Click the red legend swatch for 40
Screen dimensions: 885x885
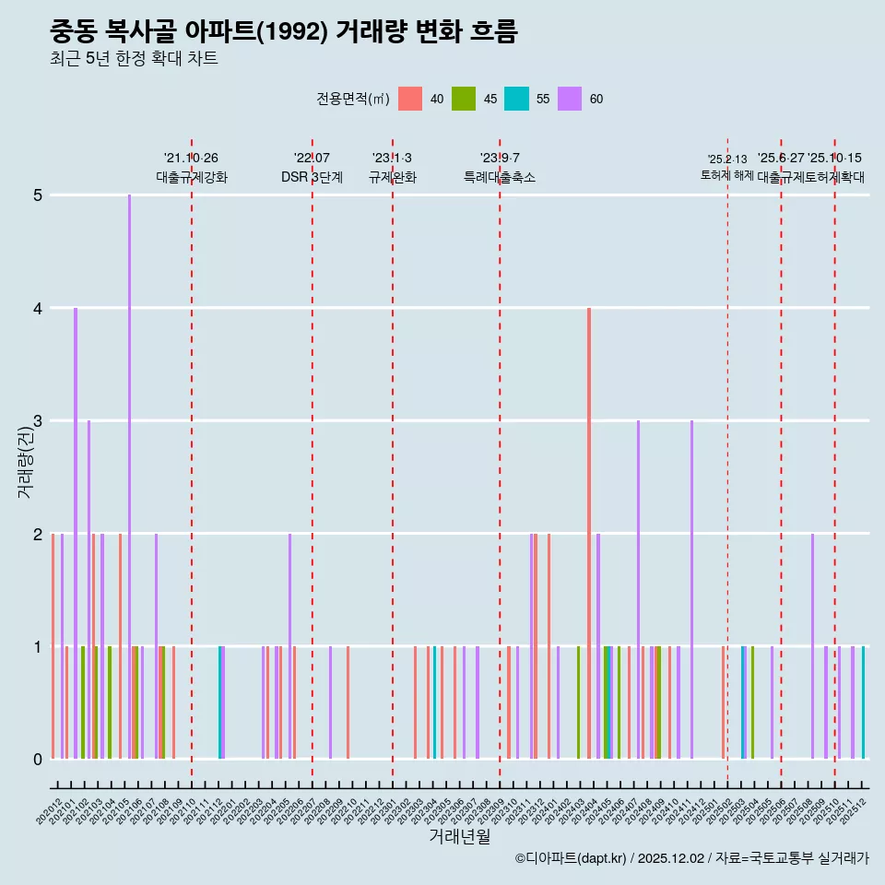click(410, 99)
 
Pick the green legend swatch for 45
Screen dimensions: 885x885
click(463, 99)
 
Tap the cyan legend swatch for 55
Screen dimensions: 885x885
click(516, 99)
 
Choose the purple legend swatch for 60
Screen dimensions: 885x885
click(570, 99)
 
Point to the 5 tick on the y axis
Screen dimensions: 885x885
click(37, 195)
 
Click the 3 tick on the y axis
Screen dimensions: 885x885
click(37, 421)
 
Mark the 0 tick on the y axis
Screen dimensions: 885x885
click(37, 760)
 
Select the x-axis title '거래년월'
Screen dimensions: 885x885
click(459, 836)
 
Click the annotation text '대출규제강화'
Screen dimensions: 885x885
click(191, 177)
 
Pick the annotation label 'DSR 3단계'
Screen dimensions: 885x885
click(312, 177)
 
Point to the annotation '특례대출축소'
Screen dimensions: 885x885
click(499, 177)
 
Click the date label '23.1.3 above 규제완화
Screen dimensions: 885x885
click(392, 159)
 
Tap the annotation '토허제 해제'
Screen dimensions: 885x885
click(726, 174)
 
